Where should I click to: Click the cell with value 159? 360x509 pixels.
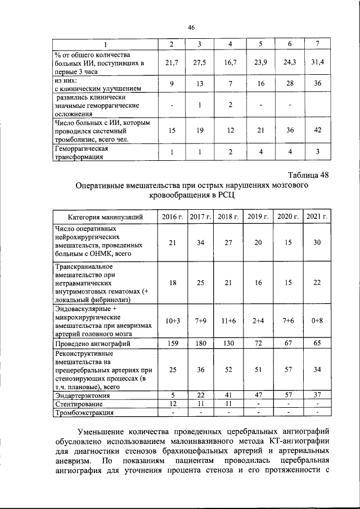[173, 343]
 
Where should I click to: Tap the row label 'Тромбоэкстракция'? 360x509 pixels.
[84, 412]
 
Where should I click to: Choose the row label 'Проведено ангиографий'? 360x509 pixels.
[92, 343]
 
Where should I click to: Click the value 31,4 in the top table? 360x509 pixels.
[318, 62]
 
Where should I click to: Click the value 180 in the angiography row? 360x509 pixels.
[200, 343]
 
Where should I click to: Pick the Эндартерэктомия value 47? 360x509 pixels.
[258, 395]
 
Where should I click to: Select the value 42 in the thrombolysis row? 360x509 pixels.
[318, 130]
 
